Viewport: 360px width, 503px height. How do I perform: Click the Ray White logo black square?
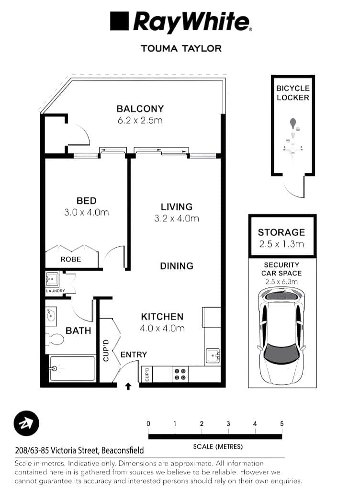120,22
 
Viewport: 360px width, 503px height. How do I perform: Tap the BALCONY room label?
140,109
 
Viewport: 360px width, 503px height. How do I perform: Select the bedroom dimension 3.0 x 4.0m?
87,212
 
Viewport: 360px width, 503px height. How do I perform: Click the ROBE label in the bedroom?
70,259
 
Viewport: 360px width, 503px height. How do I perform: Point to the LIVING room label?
176,207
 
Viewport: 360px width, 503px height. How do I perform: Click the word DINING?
177,266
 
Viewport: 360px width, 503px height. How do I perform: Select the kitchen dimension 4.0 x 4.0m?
162,328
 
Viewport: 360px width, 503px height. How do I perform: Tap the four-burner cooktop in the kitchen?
180,374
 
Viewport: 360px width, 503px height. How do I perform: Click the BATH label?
78,331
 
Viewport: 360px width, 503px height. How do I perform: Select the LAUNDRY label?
55,291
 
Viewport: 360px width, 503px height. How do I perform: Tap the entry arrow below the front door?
128,386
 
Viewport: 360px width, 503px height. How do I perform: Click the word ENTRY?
134,354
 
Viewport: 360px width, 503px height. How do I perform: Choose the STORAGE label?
281,232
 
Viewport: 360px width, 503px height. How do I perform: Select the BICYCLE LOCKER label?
292,93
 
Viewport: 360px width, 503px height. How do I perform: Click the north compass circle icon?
26,423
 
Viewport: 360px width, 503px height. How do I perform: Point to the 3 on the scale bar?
228,423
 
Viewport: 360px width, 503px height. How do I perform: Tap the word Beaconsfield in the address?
122,450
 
